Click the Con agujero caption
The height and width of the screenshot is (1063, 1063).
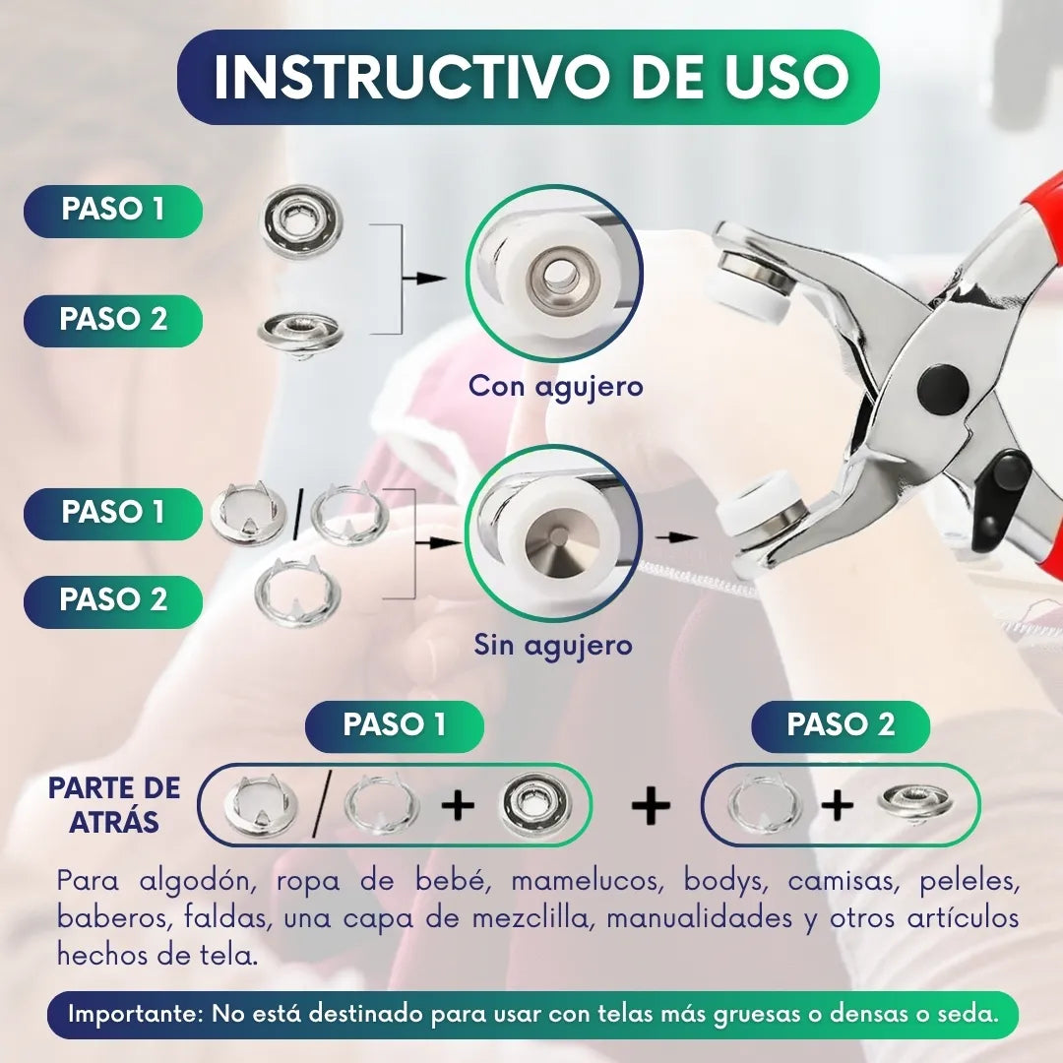point(555,387)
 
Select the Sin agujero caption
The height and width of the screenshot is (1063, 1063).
point(553,645)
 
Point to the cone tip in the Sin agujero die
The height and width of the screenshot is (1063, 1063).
point(556,537)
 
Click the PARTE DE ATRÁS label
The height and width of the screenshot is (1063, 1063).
point(114,805)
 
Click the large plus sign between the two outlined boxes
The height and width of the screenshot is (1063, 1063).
point(651,805)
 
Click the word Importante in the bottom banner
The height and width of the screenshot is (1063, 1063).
point(136,1014)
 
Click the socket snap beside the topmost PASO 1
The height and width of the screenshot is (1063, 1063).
point(302,221)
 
